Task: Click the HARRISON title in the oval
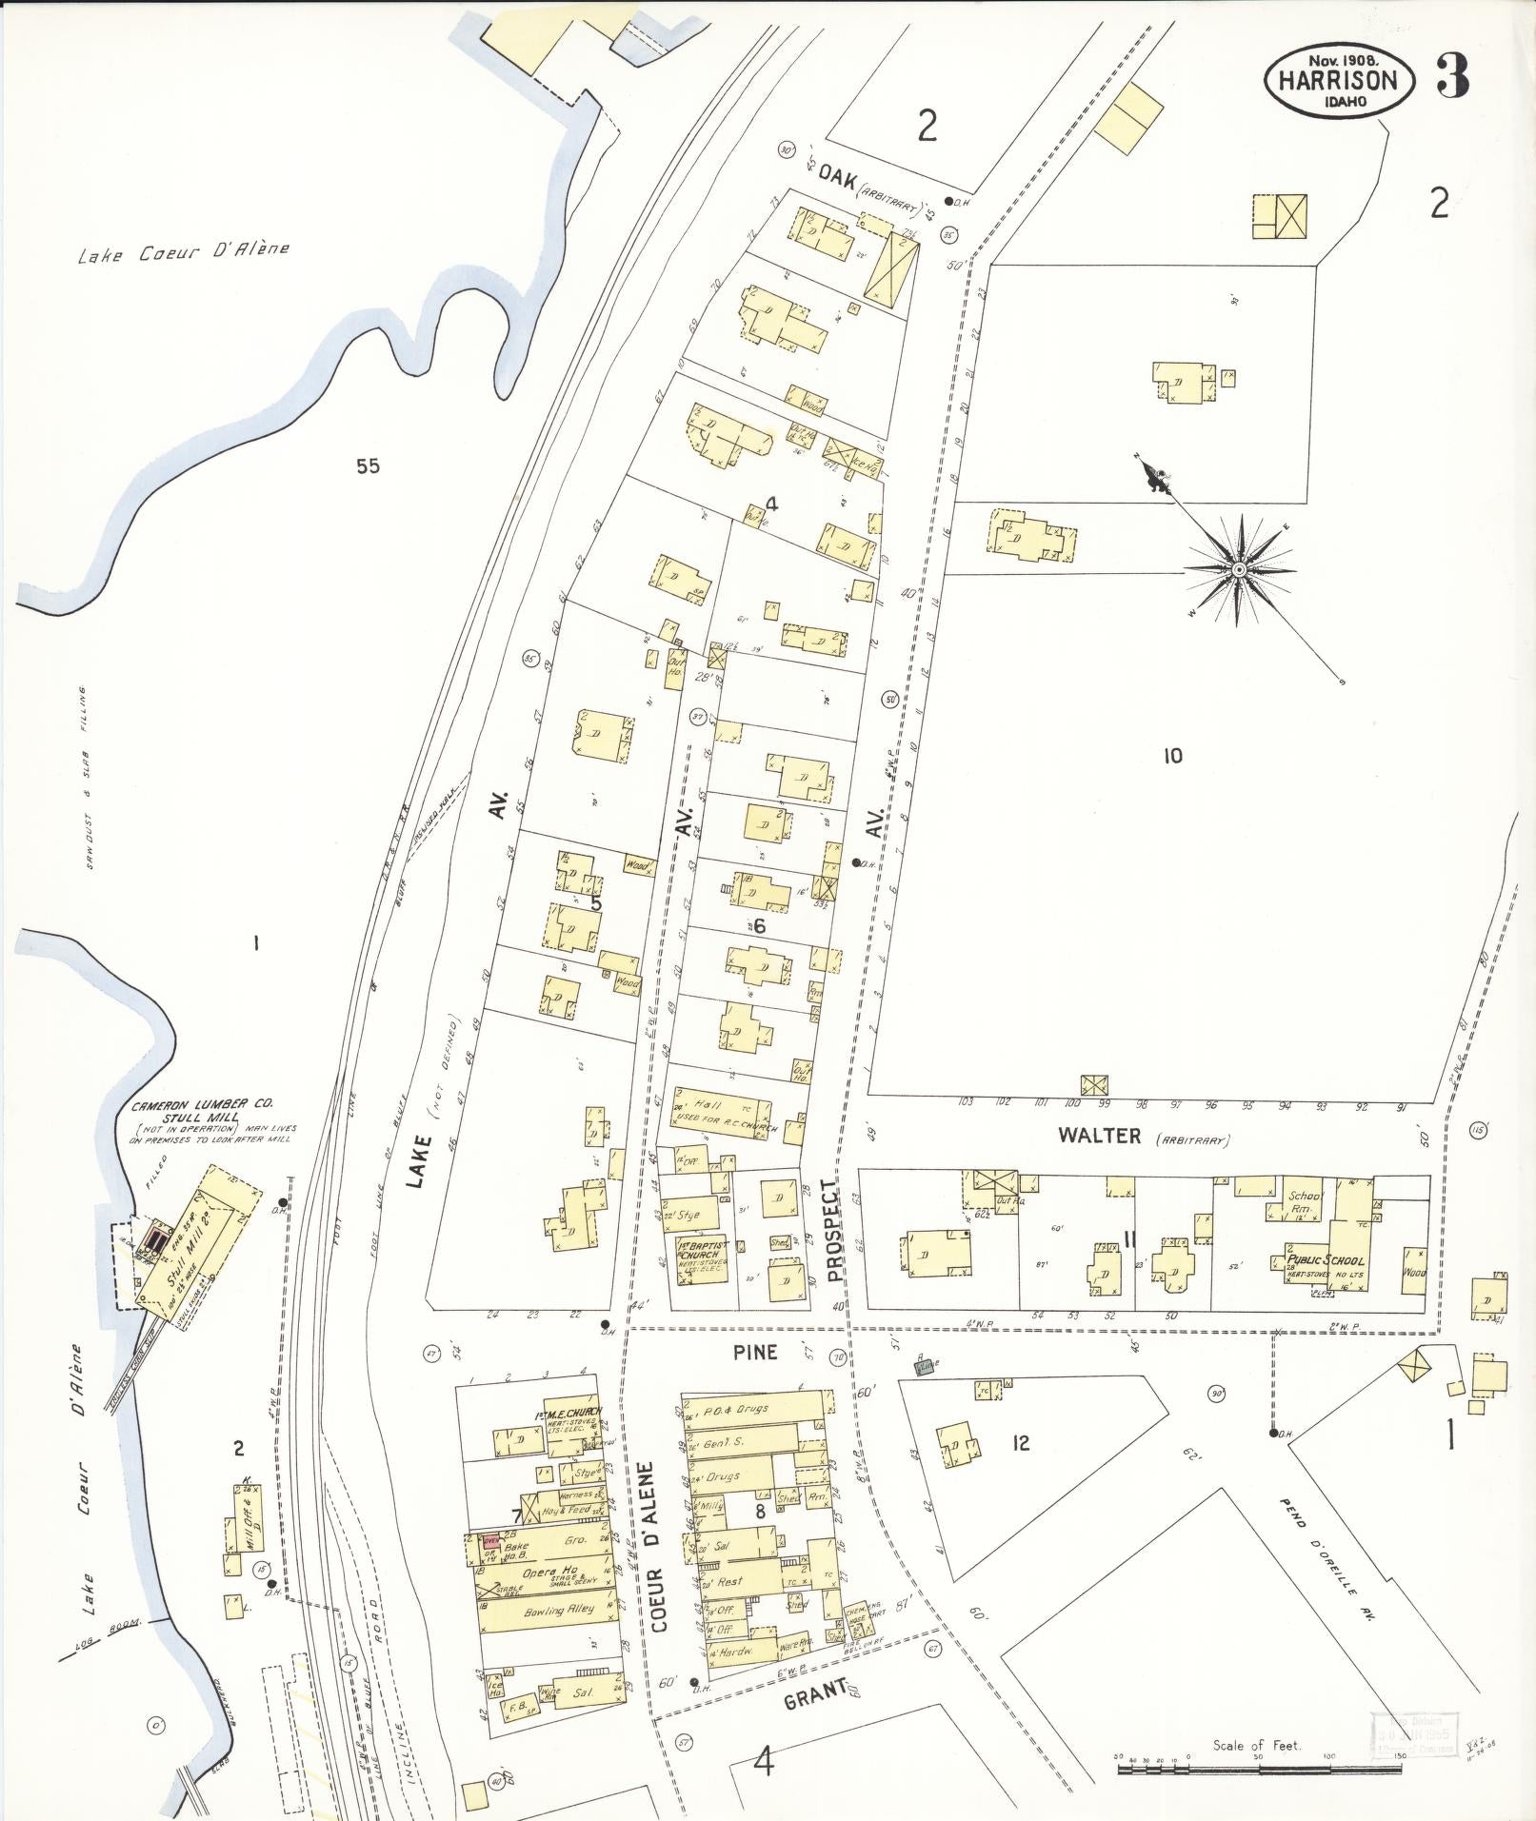point(1337,81)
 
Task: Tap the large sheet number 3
point(1451,77)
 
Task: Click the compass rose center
point(1239,570)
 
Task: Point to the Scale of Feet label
point(1256,1746)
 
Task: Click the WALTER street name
point(1106,1136)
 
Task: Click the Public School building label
point(1325,1259)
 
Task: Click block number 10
point(1172,756)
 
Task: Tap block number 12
point(1020,1443)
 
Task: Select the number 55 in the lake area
point(368,465)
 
